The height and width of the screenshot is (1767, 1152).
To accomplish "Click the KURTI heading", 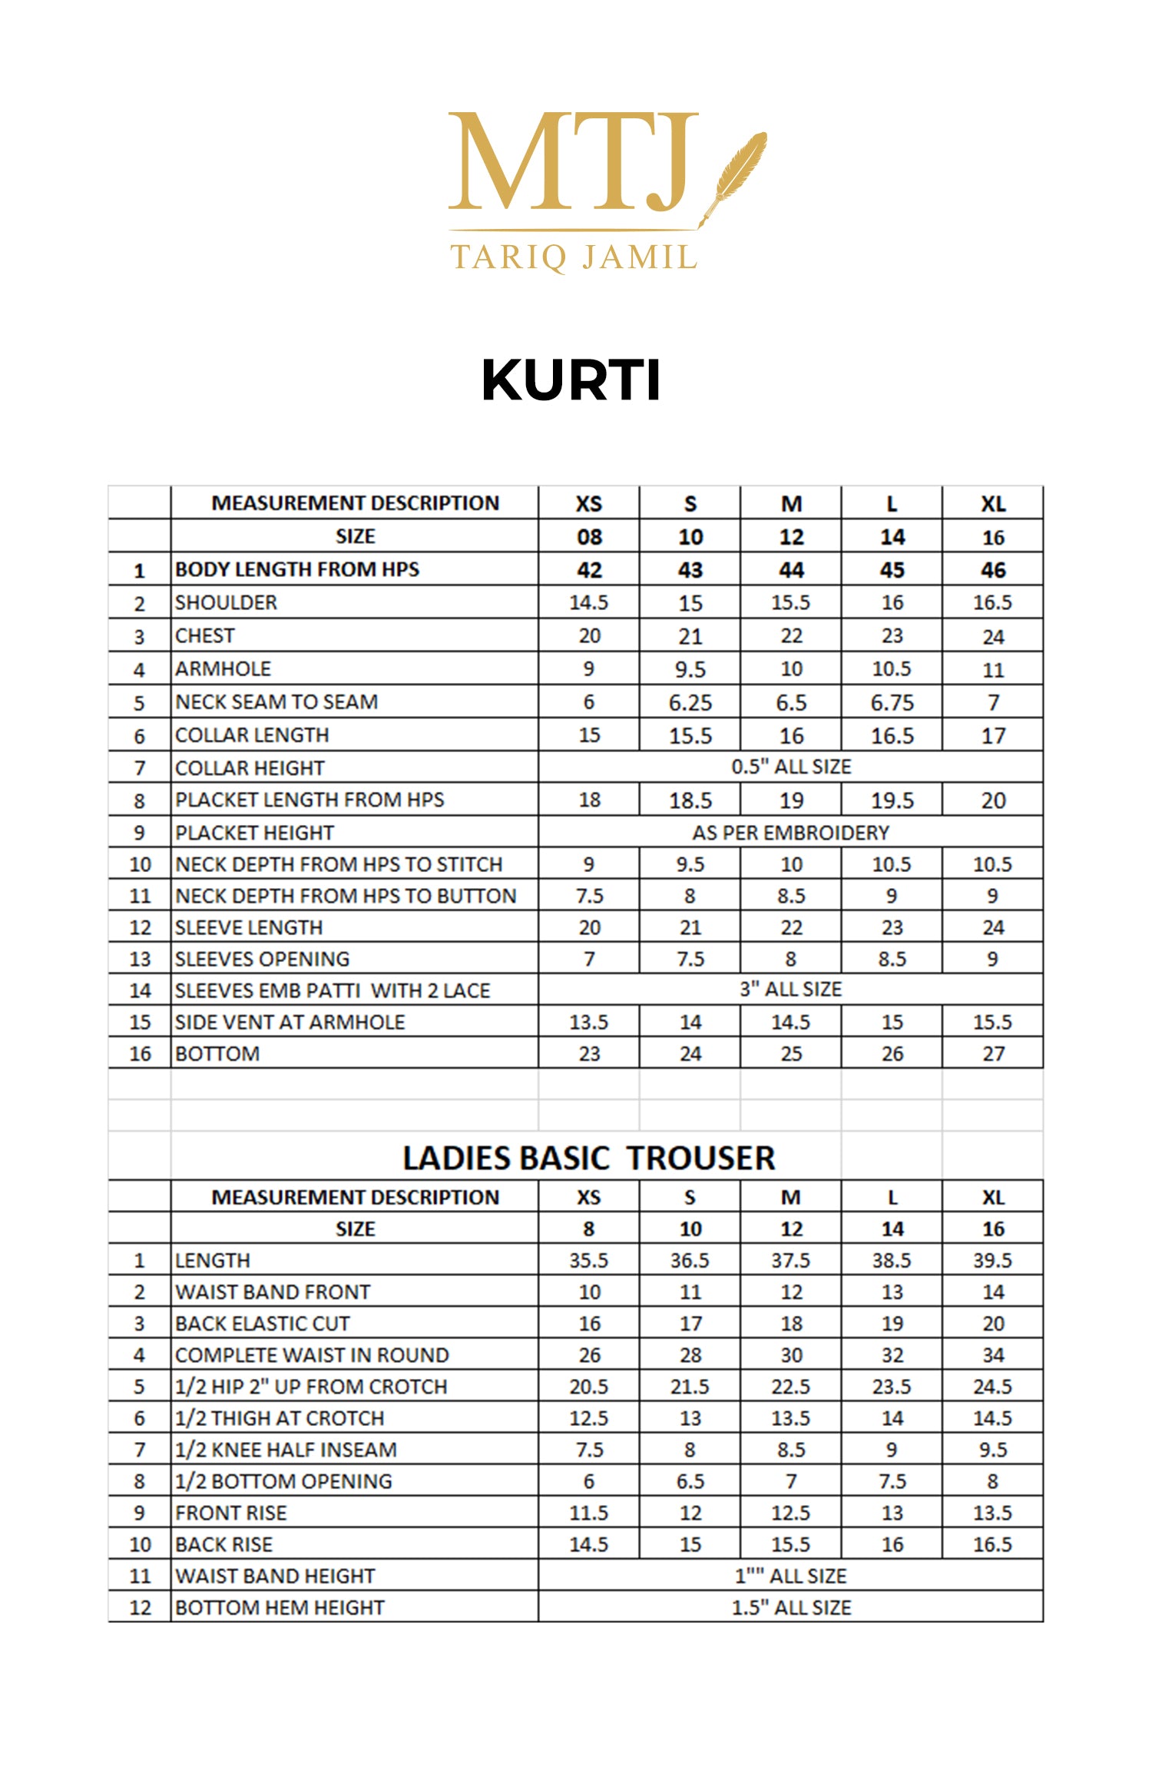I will pyautogui.click(x=571, y=380).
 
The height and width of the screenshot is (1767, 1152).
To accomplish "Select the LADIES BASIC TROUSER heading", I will pyautogui.click(x=588, y=1158).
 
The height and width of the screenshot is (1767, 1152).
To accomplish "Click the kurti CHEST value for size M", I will pyautogui.click(x=791, y=636).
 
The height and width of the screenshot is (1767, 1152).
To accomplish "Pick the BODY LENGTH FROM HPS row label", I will pyautogui.click(x=297, y=569).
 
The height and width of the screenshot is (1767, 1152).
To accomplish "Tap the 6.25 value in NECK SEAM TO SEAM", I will pyautogui.click(x=690, y=702).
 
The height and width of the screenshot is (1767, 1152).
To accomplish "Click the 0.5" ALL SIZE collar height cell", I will pyautogui.click(x=791, y=767).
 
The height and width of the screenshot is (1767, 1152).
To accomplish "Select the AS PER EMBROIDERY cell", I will pyautogui.click(x=790, y=833).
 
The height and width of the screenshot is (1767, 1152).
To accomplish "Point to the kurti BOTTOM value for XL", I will pyautogui.click(x=992, y=1053).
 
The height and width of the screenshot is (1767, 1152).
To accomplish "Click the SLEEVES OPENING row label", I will pyautogui.click(x=262, y=959).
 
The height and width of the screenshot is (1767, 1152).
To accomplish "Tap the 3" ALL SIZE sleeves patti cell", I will pyautogui.click(x=790, y=990).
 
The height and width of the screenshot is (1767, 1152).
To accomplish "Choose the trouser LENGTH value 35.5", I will pyautogui.click(x=588, y=1260).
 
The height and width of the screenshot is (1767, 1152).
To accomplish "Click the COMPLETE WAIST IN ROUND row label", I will pyautogui.click(x=312, y=1354).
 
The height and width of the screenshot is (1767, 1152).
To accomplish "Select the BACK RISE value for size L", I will pyautogui.click(x=892, y=1543).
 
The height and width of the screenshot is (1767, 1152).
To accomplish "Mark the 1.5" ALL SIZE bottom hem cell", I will pyautogui.click(x=790, y=1607).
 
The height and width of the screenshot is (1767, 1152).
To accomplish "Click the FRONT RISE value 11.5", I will pyautogui.click(x=588, y=1512).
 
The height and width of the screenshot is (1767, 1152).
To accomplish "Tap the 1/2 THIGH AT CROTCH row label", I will pyautogui.click(x=280, y=1417).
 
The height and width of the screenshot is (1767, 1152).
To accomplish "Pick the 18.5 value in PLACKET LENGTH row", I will pyautogui.click(x=690, y=801).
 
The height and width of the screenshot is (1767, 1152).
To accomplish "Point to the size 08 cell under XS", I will pyautogui.click(x=588, y=537).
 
